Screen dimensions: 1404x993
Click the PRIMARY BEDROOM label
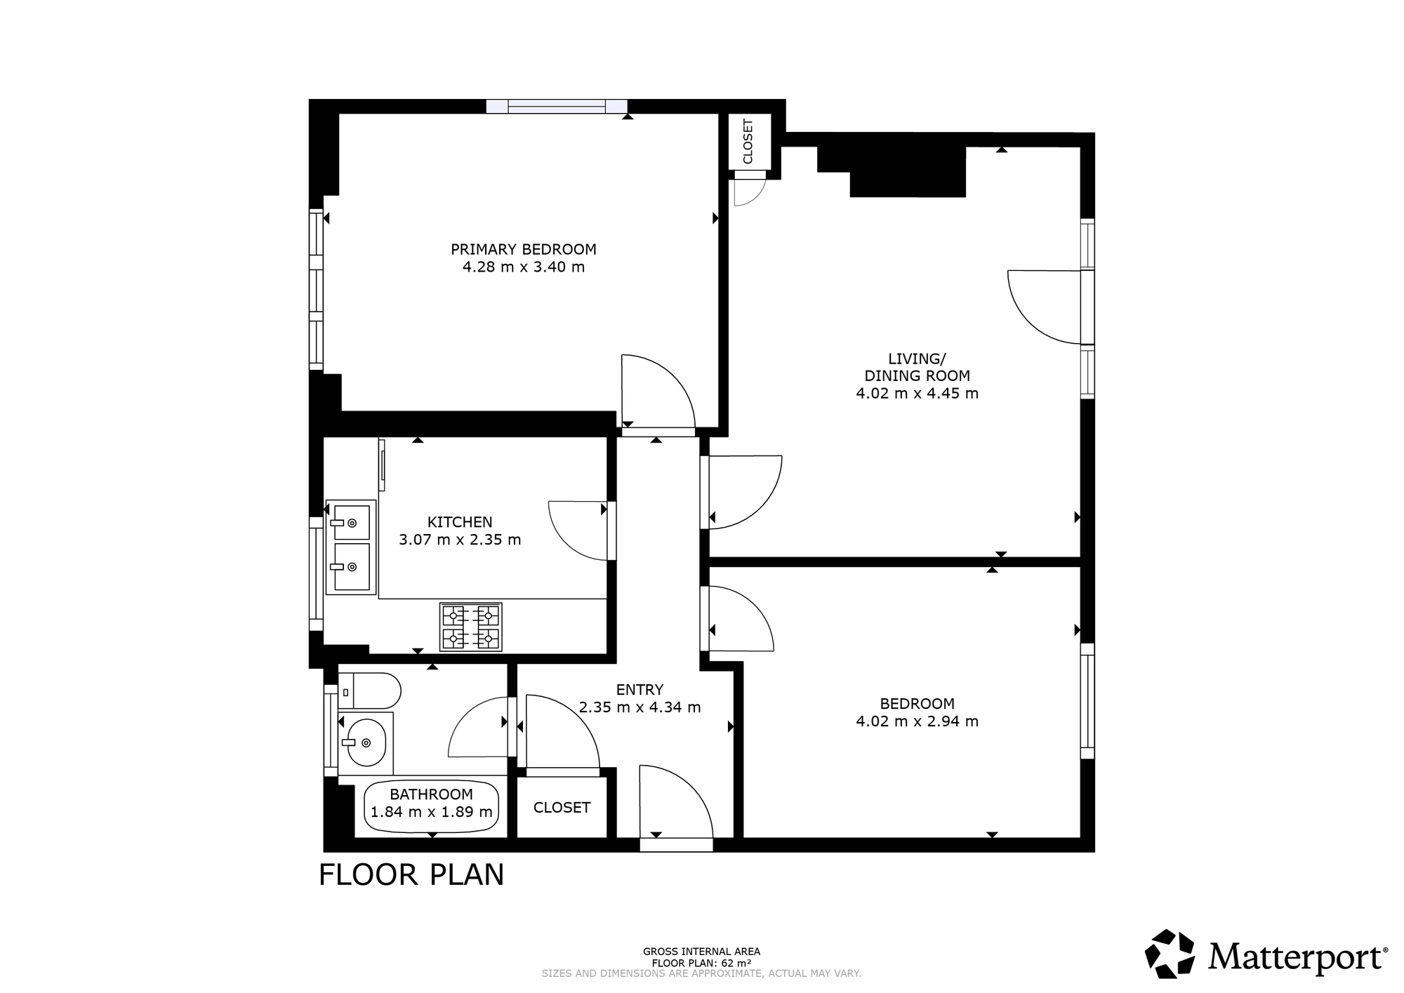pyautogui.click(x=523, y=249)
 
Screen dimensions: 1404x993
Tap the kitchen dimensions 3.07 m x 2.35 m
pyautogui.click(x=460, y=540)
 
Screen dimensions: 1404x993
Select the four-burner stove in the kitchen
pyautogui.click(x=470, y=627)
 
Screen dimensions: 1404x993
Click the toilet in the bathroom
pyautogui.click(x=369, y=691)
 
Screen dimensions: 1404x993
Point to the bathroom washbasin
pyautogui.click(x=366, y=742)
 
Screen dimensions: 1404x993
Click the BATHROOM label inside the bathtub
pyautogui.click(x=431, y=794)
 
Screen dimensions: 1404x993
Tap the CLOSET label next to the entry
pyautogui.click(x=562, y=808)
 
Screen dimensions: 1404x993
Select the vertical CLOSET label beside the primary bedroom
pyautogui.click(x=748, y=141)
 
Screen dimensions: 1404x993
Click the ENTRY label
pyautogui.click(x=640, y=689)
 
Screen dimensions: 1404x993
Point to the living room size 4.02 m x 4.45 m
pyautogui.click(x=917, y=393)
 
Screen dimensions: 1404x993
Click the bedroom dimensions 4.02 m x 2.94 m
pyautogui.click(x=917, y=721)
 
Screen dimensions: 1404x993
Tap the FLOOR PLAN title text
pyautogui.click(x=411, y=875)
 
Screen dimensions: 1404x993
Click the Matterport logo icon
pyautogui.click(x=1170, y=954)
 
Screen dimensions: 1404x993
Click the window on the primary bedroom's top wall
pyautogui.click(x=557, y=106)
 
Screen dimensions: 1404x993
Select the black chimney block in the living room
pyautogui.click(x=892, y=172)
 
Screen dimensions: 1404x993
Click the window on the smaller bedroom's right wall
pyautogui.click(x=1087, y=701)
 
